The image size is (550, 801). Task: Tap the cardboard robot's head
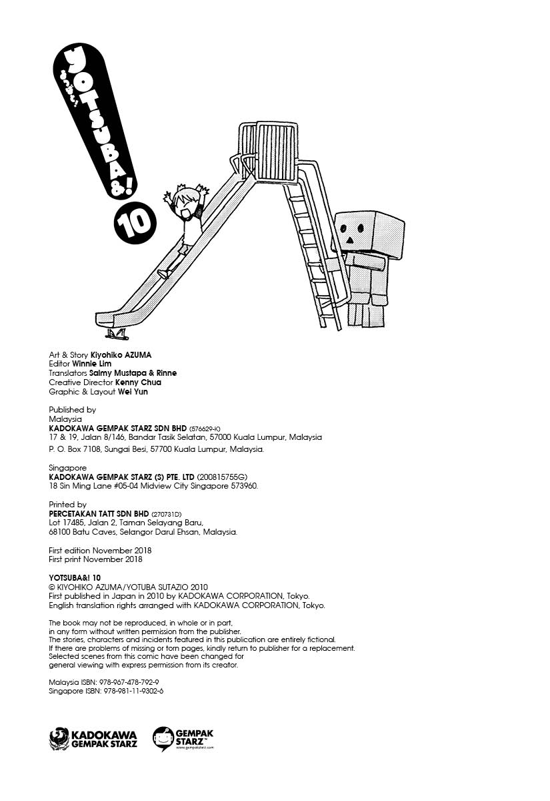click(x=368, y=231)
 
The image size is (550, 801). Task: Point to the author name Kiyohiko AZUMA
click(x=121, y=354)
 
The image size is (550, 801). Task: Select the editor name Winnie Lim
click(x=92, y=364)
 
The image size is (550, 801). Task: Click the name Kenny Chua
click(x=138, y=382)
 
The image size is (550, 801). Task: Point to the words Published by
click(x=73, y=410)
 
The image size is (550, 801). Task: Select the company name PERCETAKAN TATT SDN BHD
click(x=99, y=513)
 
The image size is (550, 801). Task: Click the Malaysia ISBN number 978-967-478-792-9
click(x=131, y=682)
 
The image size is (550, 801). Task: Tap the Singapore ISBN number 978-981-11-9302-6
click(x=133, y=691)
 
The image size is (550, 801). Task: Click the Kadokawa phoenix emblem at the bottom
click(x=59, y=739)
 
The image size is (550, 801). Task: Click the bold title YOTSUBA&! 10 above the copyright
click(x=75, y=577)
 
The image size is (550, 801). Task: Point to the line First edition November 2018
click(x=100, y=550)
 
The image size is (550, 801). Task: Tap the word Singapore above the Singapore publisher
click(x=67, y=468)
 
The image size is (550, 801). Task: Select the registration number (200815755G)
click(x=222, y=477)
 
